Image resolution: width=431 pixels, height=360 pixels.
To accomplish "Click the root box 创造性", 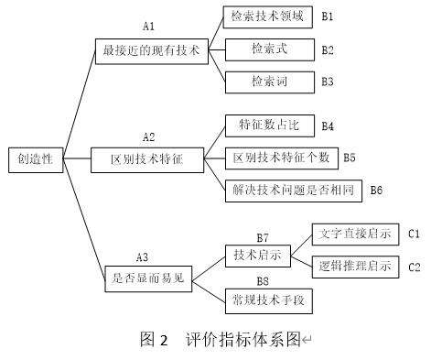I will [35, 159].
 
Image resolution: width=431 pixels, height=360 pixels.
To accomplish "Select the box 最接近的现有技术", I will [152, 51].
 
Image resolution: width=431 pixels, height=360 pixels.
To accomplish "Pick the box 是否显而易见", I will [147, 275].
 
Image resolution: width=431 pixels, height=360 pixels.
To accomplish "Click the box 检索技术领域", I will [268, 17].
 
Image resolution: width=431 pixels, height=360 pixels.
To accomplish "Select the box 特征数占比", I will [268, 125].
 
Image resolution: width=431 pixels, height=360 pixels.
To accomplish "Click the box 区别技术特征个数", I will [281, 158].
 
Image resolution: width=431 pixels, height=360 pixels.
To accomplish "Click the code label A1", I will [150, 29].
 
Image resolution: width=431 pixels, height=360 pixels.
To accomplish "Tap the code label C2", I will [414, 267].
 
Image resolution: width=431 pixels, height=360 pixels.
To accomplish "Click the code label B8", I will [263, 280].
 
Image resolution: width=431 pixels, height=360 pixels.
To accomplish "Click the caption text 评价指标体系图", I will [242, 339].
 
